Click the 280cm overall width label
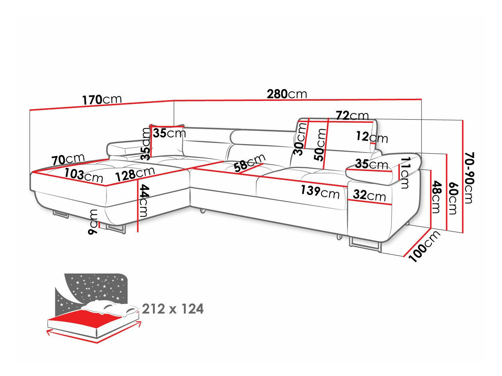coord(287,94)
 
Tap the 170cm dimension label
coord(101,99)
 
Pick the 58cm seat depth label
coord(250,163)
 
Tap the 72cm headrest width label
coord(352,116)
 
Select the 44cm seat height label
coord(143,201)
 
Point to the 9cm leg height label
coord(93,222)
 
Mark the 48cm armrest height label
coord(436,197)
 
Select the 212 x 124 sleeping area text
coord(173,309)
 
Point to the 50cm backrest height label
coord(321,144)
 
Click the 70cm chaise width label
coord(68,159)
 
